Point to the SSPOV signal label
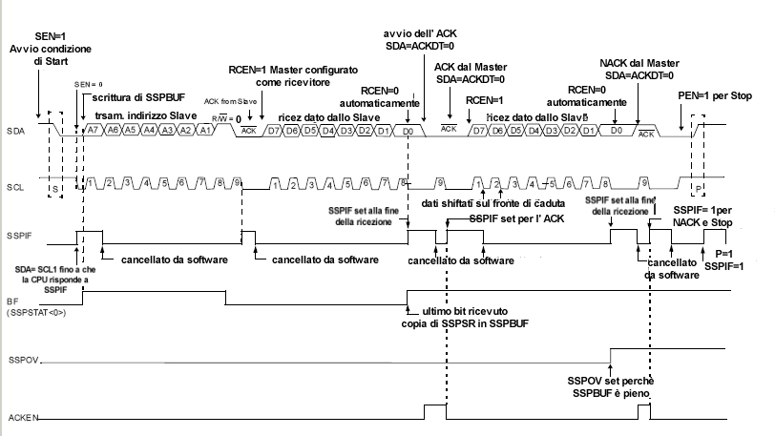(21, 363)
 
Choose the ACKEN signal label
(21, 419)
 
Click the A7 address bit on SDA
(93, 129)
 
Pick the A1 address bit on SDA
(204, 129)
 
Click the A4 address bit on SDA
(148, 129)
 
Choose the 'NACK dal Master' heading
(637, 61)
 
